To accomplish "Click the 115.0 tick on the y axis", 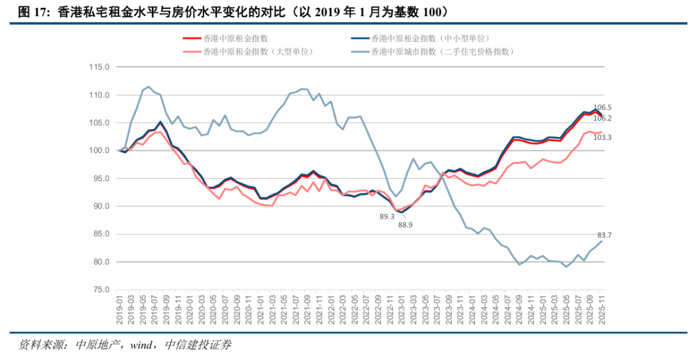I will [100, 67].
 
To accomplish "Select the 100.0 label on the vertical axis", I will [100, 151].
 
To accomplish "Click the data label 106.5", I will [601, 108].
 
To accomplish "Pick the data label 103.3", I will [601, 138].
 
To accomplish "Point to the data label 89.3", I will [387, 217].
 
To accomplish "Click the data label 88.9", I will [406, 225].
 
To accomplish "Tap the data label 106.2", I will [601, 119].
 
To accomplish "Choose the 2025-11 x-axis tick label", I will [601, 310].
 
